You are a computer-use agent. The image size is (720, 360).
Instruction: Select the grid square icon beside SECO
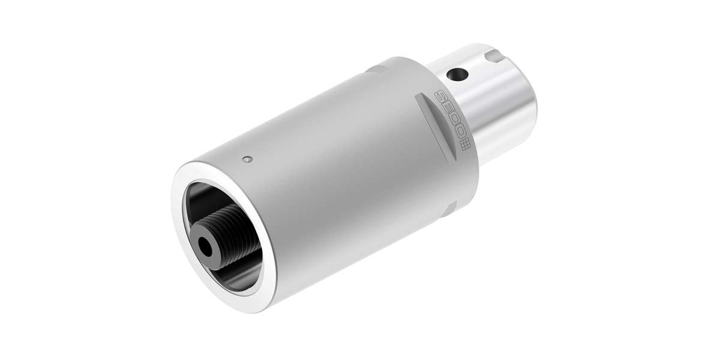pos(464,146)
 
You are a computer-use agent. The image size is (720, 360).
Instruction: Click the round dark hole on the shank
pos(457,75)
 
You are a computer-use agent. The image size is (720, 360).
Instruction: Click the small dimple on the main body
pos(247,159)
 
